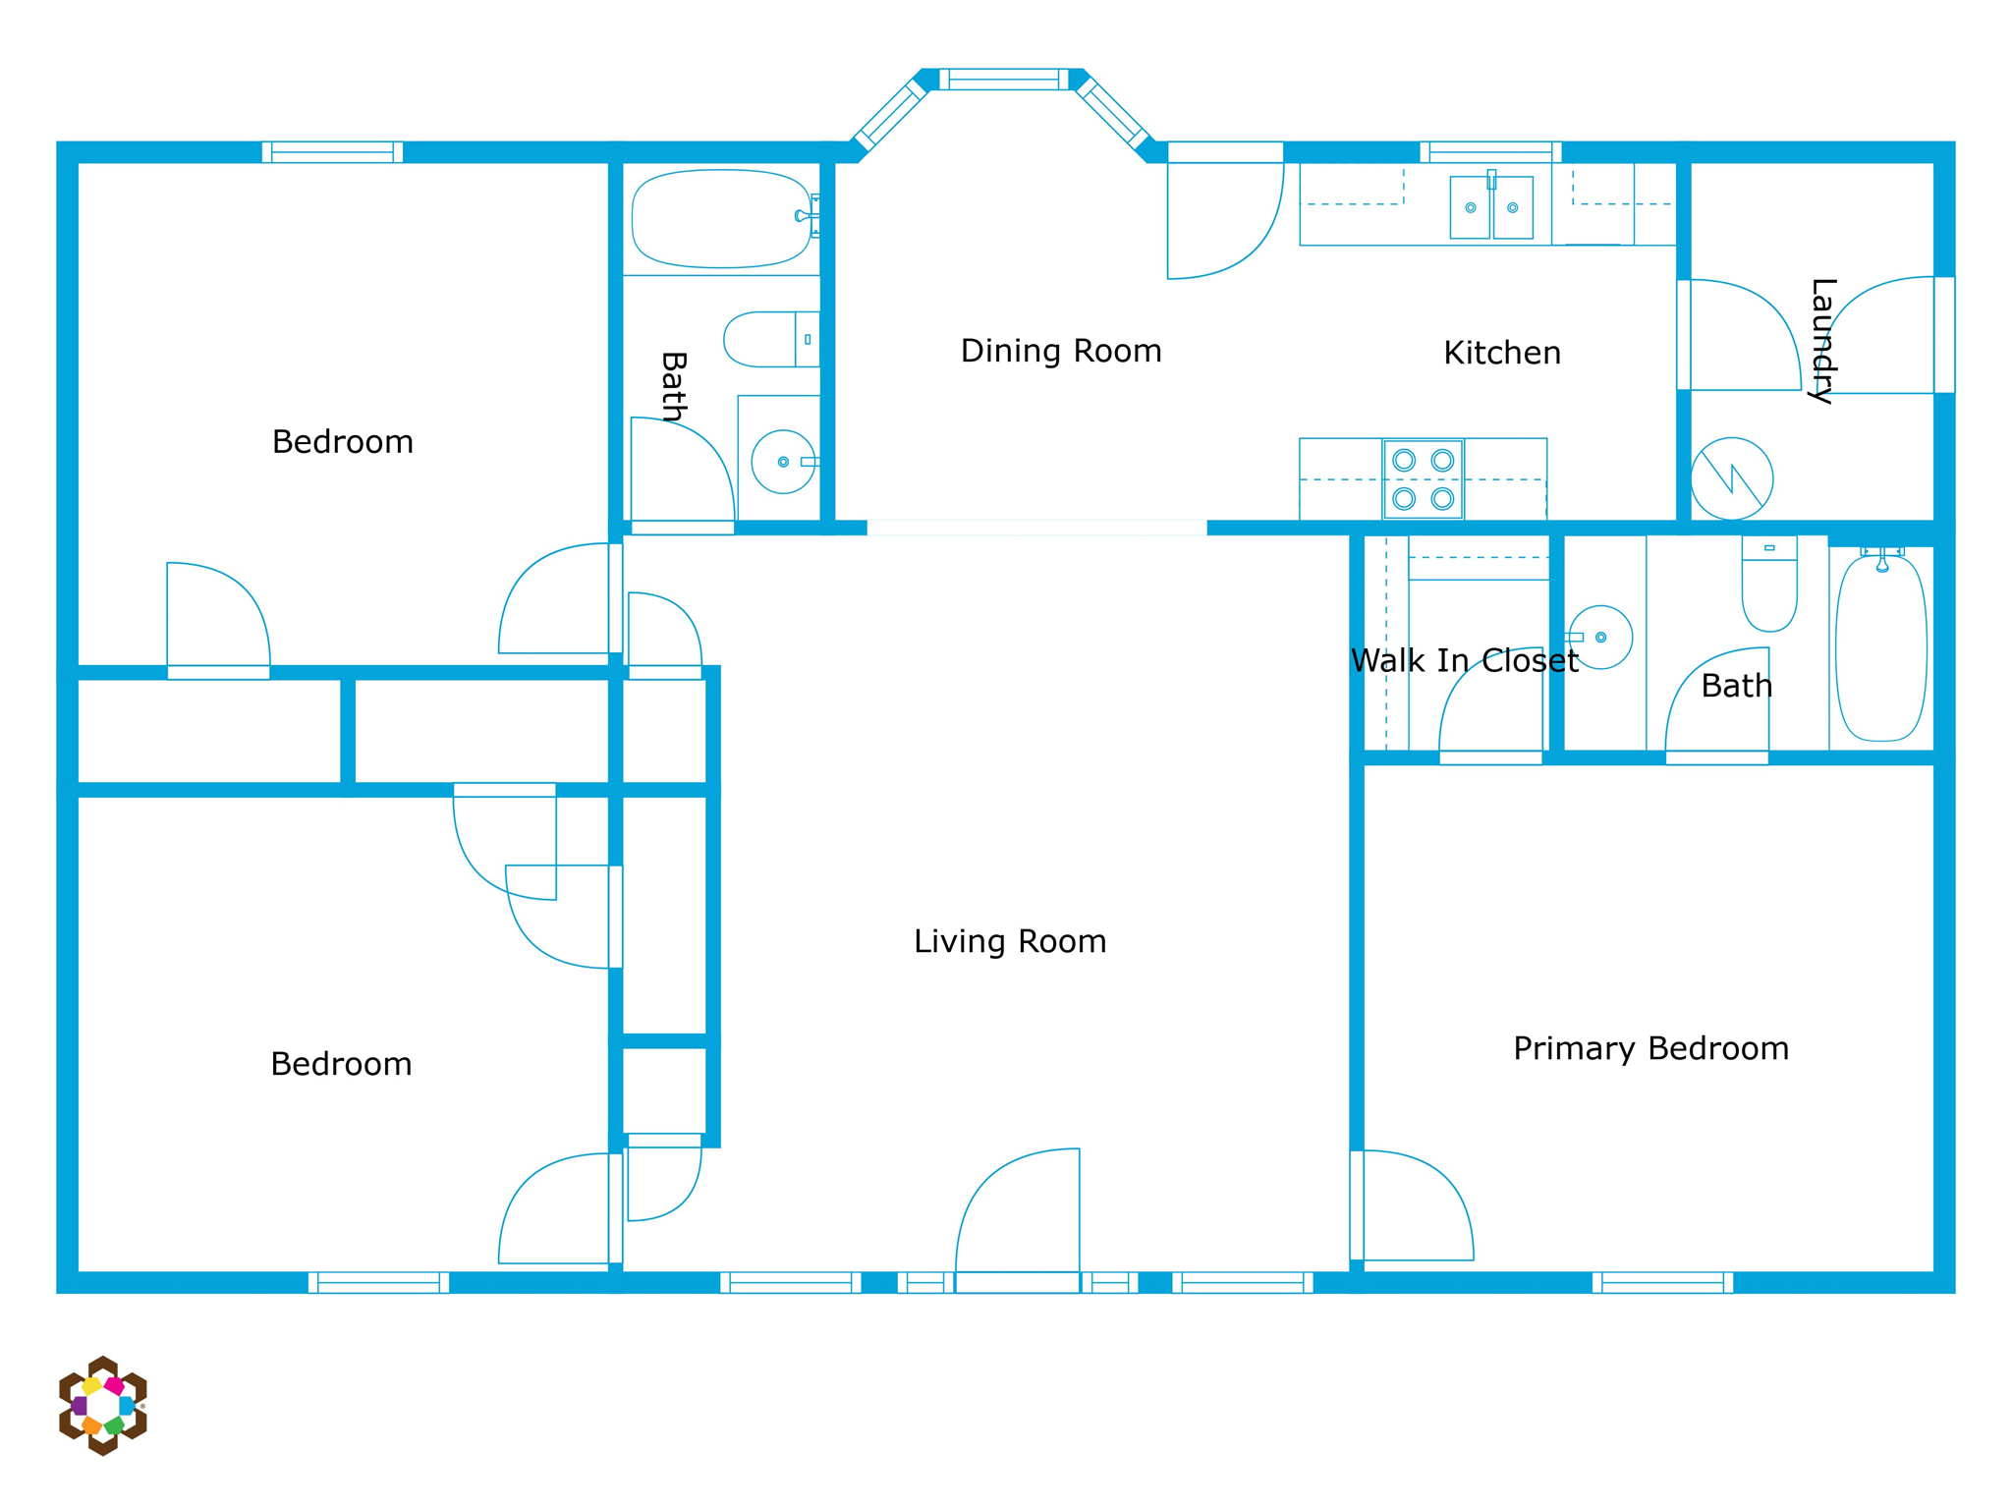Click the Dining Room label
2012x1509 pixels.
[1061, 351]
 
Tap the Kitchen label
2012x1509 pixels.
[1502, 353]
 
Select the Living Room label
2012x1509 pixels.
[1010, 941]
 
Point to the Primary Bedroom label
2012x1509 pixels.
[1650, 1049]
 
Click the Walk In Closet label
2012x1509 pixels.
[1465, 661]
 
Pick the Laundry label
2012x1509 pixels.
[1822, 341]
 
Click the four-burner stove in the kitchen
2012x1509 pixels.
[1424, 479]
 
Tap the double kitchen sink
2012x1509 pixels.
[1491, 207]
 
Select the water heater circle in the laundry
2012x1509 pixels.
[1732, 478]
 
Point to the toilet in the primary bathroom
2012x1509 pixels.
[1769, 584]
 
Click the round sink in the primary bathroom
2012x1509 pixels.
[1600, 638]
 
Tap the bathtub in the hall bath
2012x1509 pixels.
[722, 219]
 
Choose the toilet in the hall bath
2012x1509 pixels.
[772, 340]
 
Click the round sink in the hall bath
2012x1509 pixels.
[783, 462]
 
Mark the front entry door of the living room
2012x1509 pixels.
[1018, 1218]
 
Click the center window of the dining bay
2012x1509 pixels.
[1003, 80]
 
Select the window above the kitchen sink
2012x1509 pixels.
[1490, 152]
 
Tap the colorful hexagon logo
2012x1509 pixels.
[102, 1405]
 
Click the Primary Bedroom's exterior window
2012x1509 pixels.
[1662, 1282]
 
